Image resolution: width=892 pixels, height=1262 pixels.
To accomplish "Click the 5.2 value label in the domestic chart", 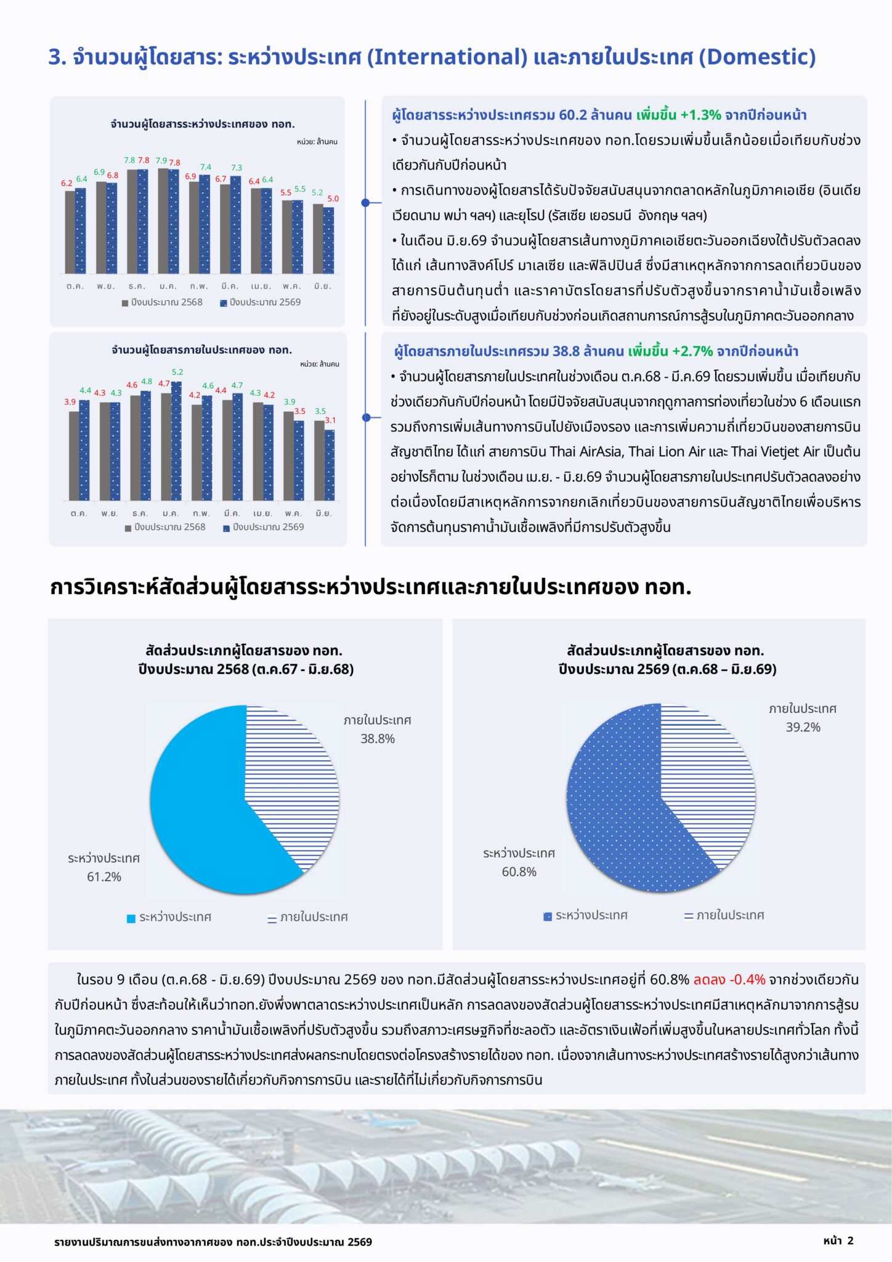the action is pos(177,372).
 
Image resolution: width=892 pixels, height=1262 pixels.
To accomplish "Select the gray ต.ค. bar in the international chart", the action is pos(70,232).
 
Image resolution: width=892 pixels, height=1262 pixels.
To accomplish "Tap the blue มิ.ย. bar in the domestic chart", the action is pos(330,465).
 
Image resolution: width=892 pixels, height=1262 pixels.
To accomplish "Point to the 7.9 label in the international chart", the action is pos(161,160).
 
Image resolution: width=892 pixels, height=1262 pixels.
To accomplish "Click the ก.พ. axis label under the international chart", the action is pos(199,287).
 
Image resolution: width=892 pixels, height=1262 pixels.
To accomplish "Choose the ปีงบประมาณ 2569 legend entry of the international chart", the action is pos(261,303).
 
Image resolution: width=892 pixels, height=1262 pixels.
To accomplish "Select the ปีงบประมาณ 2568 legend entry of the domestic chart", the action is pos(165,527).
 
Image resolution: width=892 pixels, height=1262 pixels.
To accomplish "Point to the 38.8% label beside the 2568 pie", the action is pos(378,739).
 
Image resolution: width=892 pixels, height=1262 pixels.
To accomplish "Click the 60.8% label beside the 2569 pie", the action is pos(519,872).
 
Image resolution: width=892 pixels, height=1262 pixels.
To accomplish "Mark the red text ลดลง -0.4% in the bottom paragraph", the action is pos(729,980).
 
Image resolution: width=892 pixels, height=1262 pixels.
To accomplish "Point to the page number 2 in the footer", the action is pos(851,1240).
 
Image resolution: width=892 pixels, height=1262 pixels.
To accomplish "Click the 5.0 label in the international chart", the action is pos(333,199).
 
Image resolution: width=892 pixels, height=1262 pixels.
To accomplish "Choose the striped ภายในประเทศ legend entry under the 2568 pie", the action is pos(307,918).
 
